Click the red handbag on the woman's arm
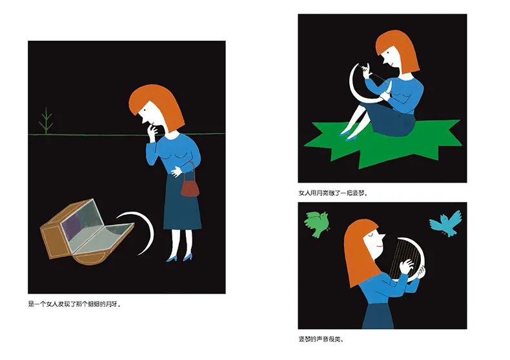[x=190, y=188]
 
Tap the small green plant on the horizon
[x=46, y=121]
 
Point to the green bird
[x=316, y=223]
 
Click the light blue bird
[x=446, y=223]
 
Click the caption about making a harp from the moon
[x=334, y=193]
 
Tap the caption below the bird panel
[x=321, y=339]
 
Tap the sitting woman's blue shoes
[x=347, y=136]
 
